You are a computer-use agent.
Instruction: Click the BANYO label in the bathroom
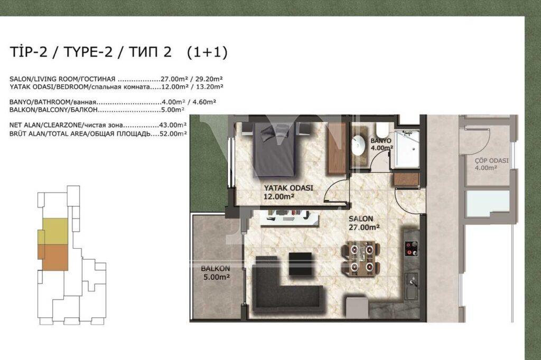tap(380, 141)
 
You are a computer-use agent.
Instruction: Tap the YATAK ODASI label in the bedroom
tap(288, 188)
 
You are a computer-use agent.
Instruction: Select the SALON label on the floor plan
tap(360, 219)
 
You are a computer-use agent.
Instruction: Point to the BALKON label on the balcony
tap(216, 268)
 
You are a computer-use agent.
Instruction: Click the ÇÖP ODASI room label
tap(491, 160)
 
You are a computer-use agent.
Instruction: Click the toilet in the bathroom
tap(383, 130)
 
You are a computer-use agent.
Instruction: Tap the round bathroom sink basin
tap(359, 145)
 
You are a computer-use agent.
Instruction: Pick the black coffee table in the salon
tap(300, 264)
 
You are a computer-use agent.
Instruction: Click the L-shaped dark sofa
tap(283, 290)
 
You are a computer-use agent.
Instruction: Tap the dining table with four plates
tap(361, 258)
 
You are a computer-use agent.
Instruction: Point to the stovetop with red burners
tap(411, 248)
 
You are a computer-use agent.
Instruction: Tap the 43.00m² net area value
tap(173, 126)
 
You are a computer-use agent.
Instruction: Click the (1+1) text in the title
tap(207, 52)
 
